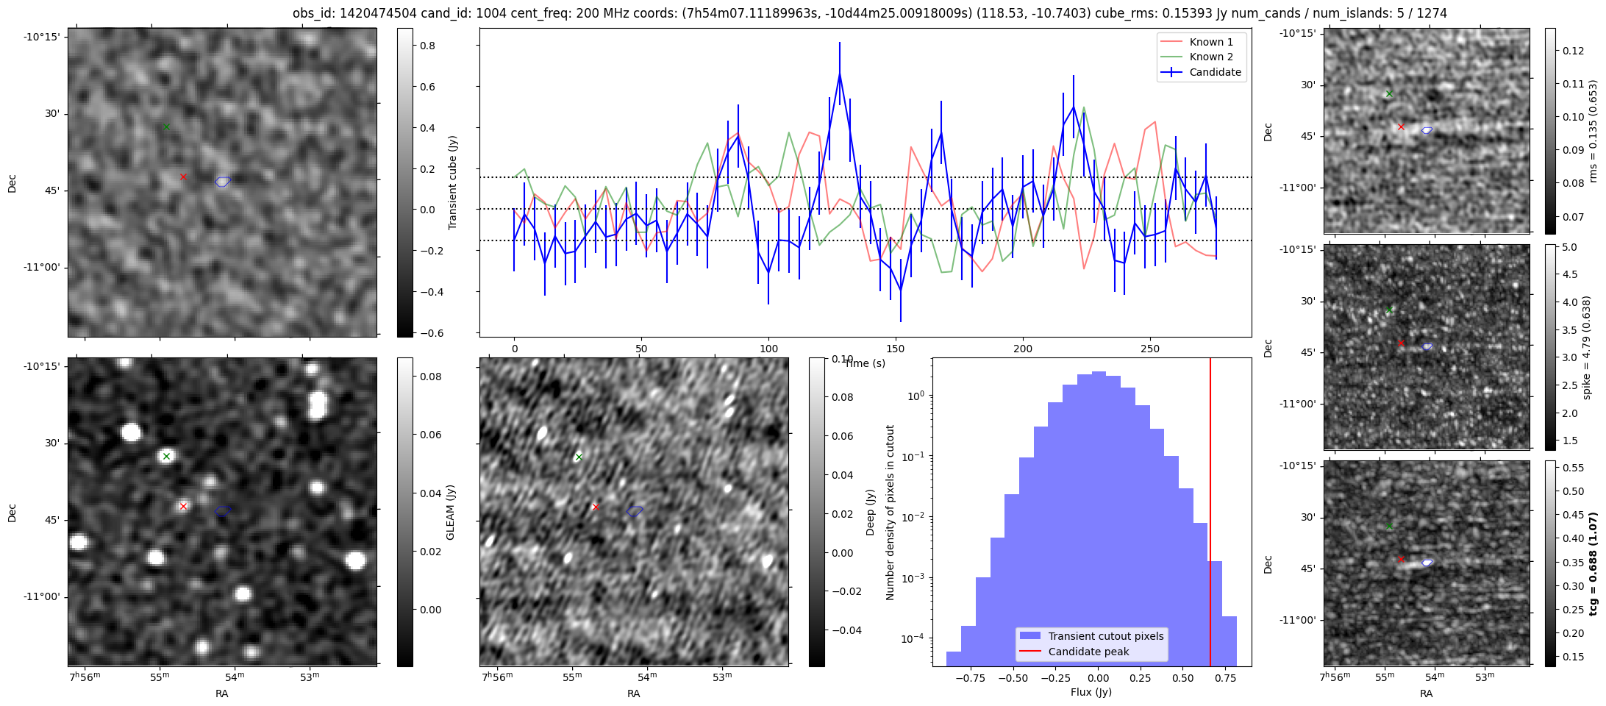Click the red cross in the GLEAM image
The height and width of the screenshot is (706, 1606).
(183, 506)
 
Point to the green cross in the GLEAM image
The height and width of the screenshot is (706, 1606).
(166, 457)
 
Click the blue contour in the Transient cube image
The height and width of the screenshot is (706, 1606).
(223, 182)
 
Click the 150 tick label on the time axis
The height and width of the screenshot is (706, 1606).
(896, 349)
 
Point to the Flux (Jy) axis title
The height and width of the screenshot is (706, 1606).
(1091, 692)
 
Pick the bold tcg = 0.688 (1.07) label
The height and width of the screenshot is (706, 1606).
(1593, 564)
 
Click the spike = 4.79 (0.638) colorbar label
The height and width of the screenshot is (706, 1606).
(1587, 348)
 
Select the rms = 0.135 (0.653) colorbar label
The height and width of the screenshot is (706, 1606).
(1593, 132)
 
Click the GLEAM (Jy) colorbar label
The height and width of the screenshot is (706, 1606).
(451, 512)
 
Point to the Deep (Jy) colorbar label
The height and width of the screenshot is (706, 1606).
(871, 512)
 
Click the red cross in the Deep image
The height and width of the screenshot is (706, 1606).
(596, 507)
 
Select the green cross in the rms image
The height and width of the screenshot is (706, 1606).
(1388, 93)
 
